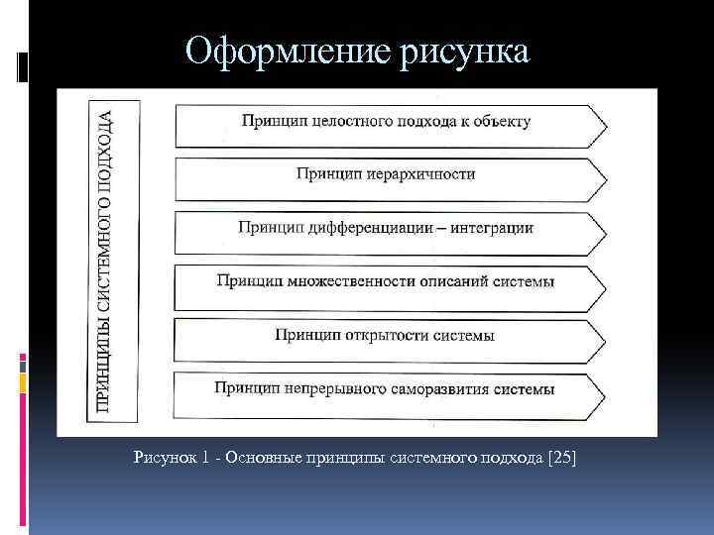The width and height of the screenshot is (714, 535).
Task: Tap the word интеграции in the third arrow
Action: (x=491, y=227)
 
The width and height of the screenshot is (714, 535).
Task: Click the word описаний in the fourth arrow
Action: (x=446, y=280)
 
